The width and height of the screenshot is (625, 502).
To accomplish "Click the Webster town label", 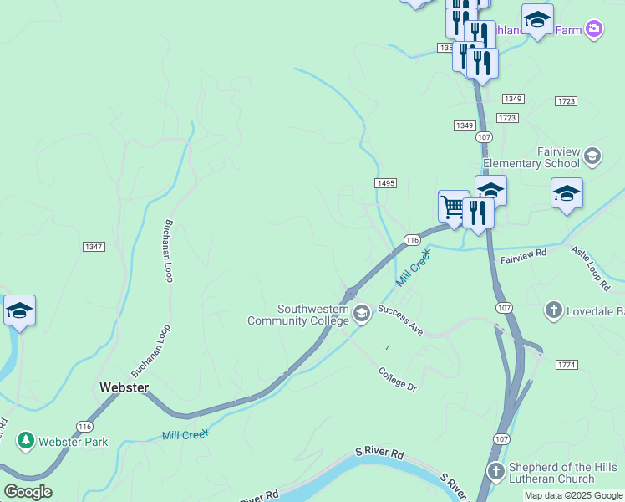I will [x=124, y=387].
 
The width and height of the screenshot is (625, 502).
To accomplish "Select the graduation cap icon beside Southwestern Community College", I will [x=362, y=315].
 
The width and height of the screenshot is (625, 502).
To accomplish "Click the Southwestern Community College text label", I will [x=299, y=315].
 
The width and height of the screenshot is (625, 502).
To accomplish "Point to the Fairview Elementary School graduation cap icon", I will [x=592, y=156].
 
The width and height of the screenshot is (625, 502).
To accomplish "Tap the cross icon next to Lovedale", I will [x=552, y=311].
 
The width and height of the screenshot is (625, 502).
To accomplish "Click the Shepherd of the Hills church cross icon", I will [x=495, y=471].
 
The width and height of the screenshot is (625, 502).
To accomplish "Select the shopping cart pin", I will [x=454, y=207].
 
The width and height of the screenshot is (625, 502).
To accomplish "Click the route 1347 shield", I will [x=94, y=247].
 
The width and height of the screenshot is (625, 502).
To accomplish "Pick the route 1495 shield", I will [x=385, y=183].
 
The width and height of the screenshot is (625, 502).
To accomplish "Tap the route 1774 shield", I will [x=567, y=365].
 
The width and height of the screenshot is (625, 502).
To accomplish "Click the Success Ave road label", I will [x=400, y=320].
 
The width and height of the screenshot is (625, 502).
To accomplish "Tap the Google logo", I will [x=28, y=492].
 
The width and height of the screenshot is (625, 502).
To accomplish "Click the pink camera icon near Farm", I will [x=594, y=30].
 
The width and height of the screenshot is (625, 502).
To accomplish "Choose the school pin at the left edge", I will [x=19, y=311].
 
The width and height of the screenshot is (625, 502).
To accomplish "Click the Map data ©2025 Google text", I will [x=574, y=495].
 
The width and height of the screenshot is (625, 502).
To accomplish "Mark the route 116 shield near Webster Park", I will [x=84, y=427].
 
